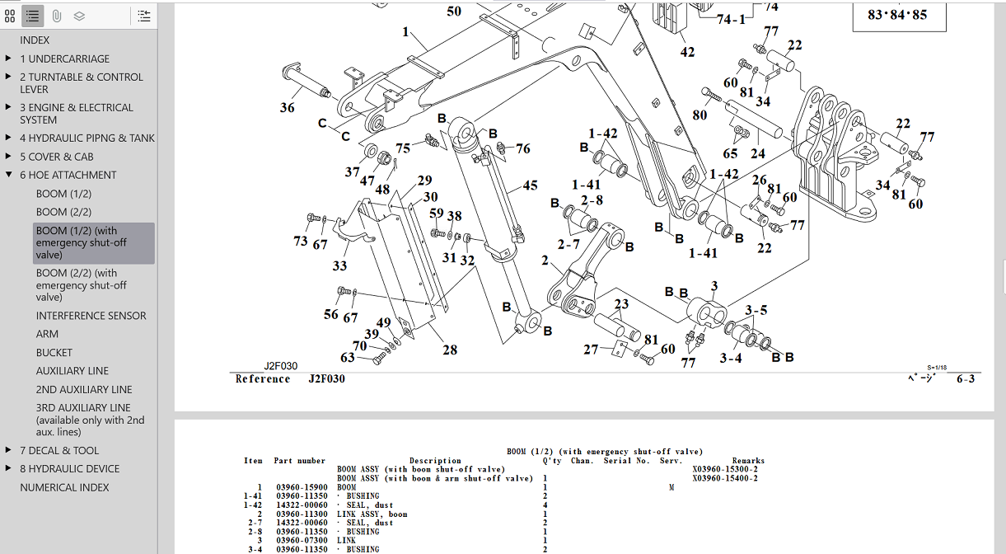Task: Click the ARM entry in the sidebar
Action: (x=47, y=334)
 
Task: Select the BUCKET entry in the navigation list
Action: (x=54, y=352)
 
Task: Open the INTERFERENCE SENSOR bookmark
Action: (x=91, y=316)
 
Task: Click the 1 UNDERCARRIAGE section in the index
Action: (x=64, y=59)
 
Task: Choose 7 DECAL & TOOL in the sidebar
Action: (x=59, y=450)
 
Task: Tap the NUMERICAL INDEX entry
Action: (x=64, y=487)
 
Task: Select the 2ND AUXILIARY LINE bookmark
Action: (x=83, y=389)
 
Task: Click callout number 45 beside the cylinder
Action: (x=530, y=186)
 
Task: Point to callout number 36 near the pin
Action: (x=287, y=107)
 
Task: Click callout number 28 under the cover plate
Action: (x=449, y=350)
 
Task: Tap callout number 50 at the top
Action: (x=454, y=12)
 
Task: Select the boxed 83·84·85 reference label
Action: (x=897, y=14)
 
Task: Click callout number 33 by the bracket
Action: (x=339, y=266)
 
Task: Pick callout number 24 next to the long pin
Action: (x=757, y=153)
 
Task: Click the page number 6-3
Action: (x=966, y=378)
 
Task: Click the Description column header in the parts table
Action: (x=435, y=461)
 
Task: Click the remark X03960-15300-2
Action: (x=725, y=469)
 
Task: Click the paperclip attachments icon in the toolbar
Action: (x=56, y=16)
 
